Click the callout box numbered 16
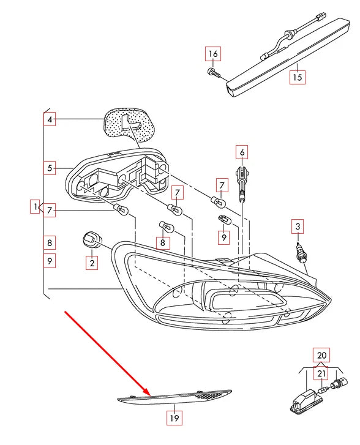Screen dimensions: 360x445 (x=213, y=54)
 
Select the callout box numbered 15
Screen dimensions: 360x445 (x=298, y=77)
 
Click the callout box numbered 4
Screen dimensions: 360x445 (x=50, y=119)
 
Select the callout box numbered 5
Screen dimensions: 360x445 (x=50, y=168)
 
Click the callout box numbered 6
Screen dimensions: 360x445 (x=242, y=152)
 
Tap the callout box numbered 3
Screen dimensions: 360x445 (x=298, y=226)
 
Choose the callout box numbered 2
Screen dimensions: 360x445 (x=92, y=263)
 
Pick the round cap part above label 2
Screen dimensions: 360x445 (x=91, y=240)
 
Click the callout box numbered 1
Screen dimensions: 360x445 (x=36, y=206)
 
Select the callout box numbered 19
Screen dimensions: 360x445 (x=174, y=418)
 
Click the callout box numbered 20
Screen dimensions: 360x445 (x=321, y=355)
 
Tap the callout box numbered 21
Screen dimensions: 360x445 (x=321, y=373)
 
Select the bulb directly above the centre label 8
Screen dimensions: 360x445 (x=167, y=226)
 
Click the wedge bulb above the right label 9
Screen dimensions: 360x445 (x=223, y=220)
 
